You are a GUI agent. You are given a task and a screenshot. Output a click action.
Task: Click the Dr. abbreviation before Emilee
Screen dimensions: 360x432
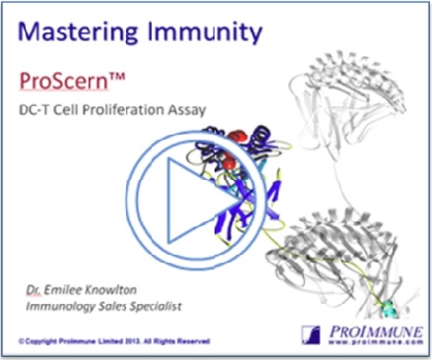[x=36, y=290]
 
